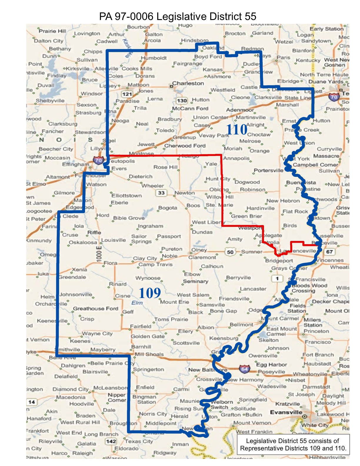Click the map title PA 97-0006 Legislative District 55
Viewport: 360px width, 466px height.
coord(178,16)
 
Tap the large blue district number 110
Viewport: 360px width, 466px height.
coord(236,130)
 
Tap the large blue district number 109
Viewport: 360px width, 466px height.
coord(149,293)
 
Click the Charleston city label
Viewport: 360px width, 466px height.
coord(188,83)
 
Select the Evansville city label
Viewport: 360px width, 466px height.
coord(286,412)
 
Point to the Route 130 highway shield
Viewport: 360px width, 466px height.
coord(182,101)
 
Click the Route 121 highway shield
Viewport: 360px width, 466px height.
coord(127,94)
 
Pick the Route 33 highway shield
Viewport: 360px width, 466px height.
coord(161,193)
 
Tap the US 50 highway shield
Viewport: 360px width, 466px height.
coord(230,252)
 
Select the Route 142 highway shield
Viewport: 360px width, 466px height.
coord(111,441)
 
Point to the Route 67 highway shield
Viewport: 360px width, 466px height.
coord(329,252)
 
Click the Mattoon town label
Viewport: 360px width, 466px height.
coord(138,85)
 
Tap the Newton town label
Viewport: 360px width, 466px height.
coord(185,193)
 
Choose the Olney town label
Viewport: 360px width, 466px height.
coord(199,250)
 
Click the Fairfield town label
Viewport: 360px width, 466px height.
coord(141,326)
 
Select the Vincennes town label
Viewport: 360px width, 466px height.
coord(331,260)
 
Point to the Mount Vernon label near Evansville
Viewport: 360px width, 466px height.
coord(252,423)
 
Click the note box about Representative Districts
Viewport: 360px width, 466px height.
coord(293,445)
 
